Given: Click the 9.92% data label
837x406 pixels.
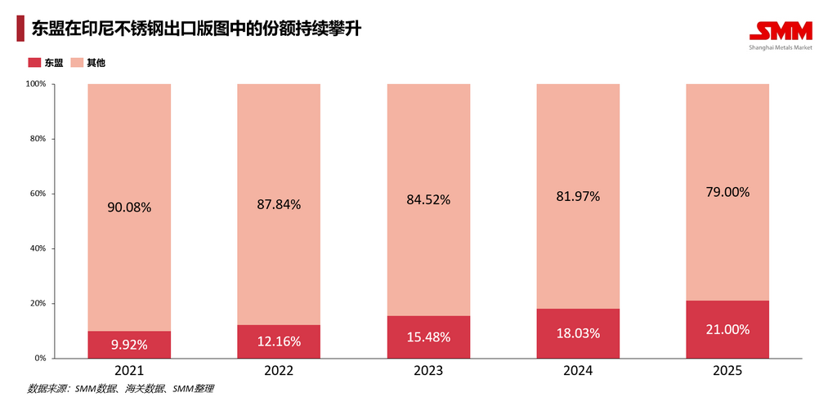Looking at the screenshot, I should coord(129,345).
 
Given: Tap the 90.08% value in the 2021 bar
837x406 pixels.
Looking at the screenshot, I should coord(129,207).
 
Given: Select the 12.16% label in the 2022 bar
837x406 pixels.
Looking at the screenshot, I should coord(279,341).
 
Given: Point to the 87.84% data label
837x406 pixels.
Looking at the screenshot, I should coord(279,204).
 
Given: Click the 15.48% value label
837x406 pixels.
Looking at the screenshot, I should coord(428,337).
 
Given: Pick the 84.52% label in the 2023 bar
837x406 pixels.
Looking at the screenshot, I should coord(428,199).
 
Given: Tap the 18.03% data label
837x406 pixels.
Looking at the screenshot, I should coord(578,333).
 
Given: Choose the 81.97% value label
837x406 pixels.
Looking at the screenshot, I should coord(578,196).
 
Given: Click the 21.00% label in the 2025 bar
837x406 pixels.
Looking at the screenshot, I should coord(727,329).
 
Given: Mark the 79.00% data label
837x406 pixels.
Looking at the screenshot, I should coord(727,192).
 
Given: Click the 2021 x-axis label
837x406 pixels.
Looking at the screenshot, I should coord(129,370).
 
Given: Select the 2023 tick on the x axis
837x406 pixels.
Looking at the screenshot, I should coord(428,370).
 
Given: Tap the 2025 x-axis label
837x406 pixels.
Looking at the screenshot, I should coord(727,370).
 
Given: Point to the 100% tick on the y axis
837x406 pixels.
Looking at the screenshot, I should coord(35,84).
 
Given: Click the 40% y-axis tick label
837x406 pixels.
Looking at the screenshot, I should coord(38,248).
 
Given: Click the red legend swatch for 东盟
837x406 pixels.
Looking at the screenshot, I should coord(34,63).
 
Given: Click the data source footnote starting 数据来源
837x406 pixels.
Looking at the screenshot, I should coord(120,389).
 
